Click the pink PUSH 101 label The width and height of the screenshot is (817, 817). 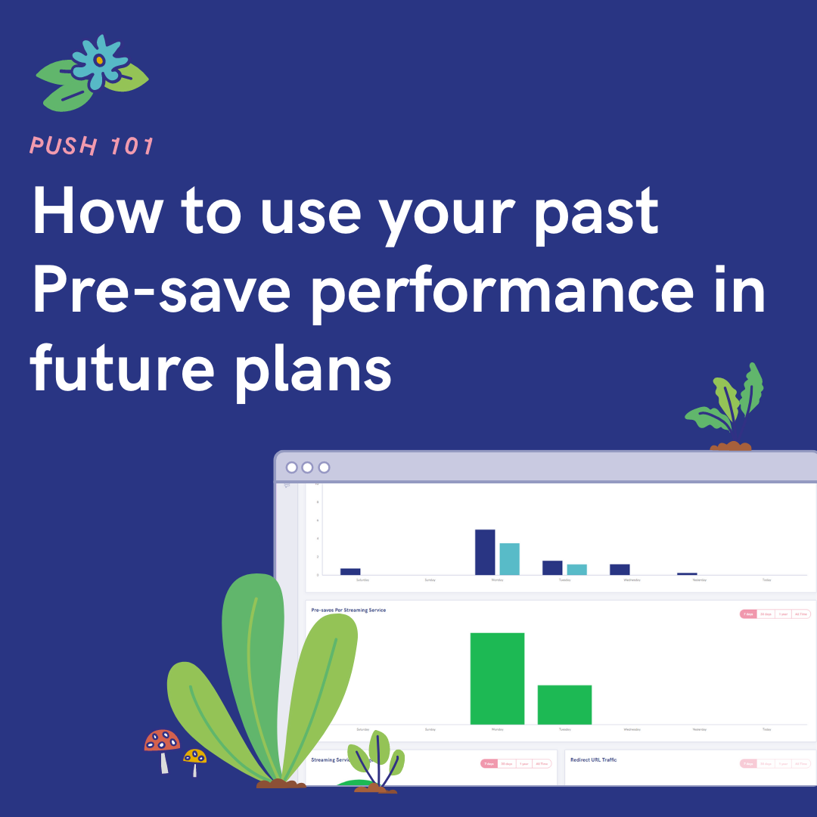coord(92,146)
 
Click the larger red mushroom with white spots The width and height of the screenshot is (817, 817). coord(163,742)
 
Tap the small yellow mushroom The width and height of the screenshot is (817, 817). coord(194,756)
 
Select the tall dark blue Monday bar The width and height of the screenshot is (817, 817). coord(485,552)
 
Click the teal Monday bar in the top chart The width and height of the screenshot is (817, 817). coord(509,559)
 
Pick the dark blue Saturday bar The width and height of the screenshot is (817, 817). coord(350,571)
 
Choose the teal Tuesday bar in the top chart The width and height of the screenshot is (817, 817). coord(577,570)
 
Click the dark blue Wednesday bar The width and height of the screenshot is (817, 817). coord(620,570)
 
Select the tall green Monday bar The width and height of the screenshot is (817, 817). coord(497,679)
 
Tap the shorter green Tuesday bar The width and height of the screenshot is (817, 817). coord(564,704)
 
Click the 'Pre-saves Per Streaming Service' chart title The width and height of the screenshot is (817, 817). coord(349,610)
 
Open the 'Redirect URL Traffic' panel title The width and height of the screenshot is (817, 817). coord(594,760)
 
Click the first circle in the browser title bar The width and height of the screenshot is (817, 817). coord(291,468)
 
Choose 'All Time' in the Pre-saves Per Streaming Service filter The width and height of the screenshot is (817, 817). coord(801,614)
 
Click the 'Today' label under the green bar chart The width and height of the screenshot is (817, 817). coord(766,730)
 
